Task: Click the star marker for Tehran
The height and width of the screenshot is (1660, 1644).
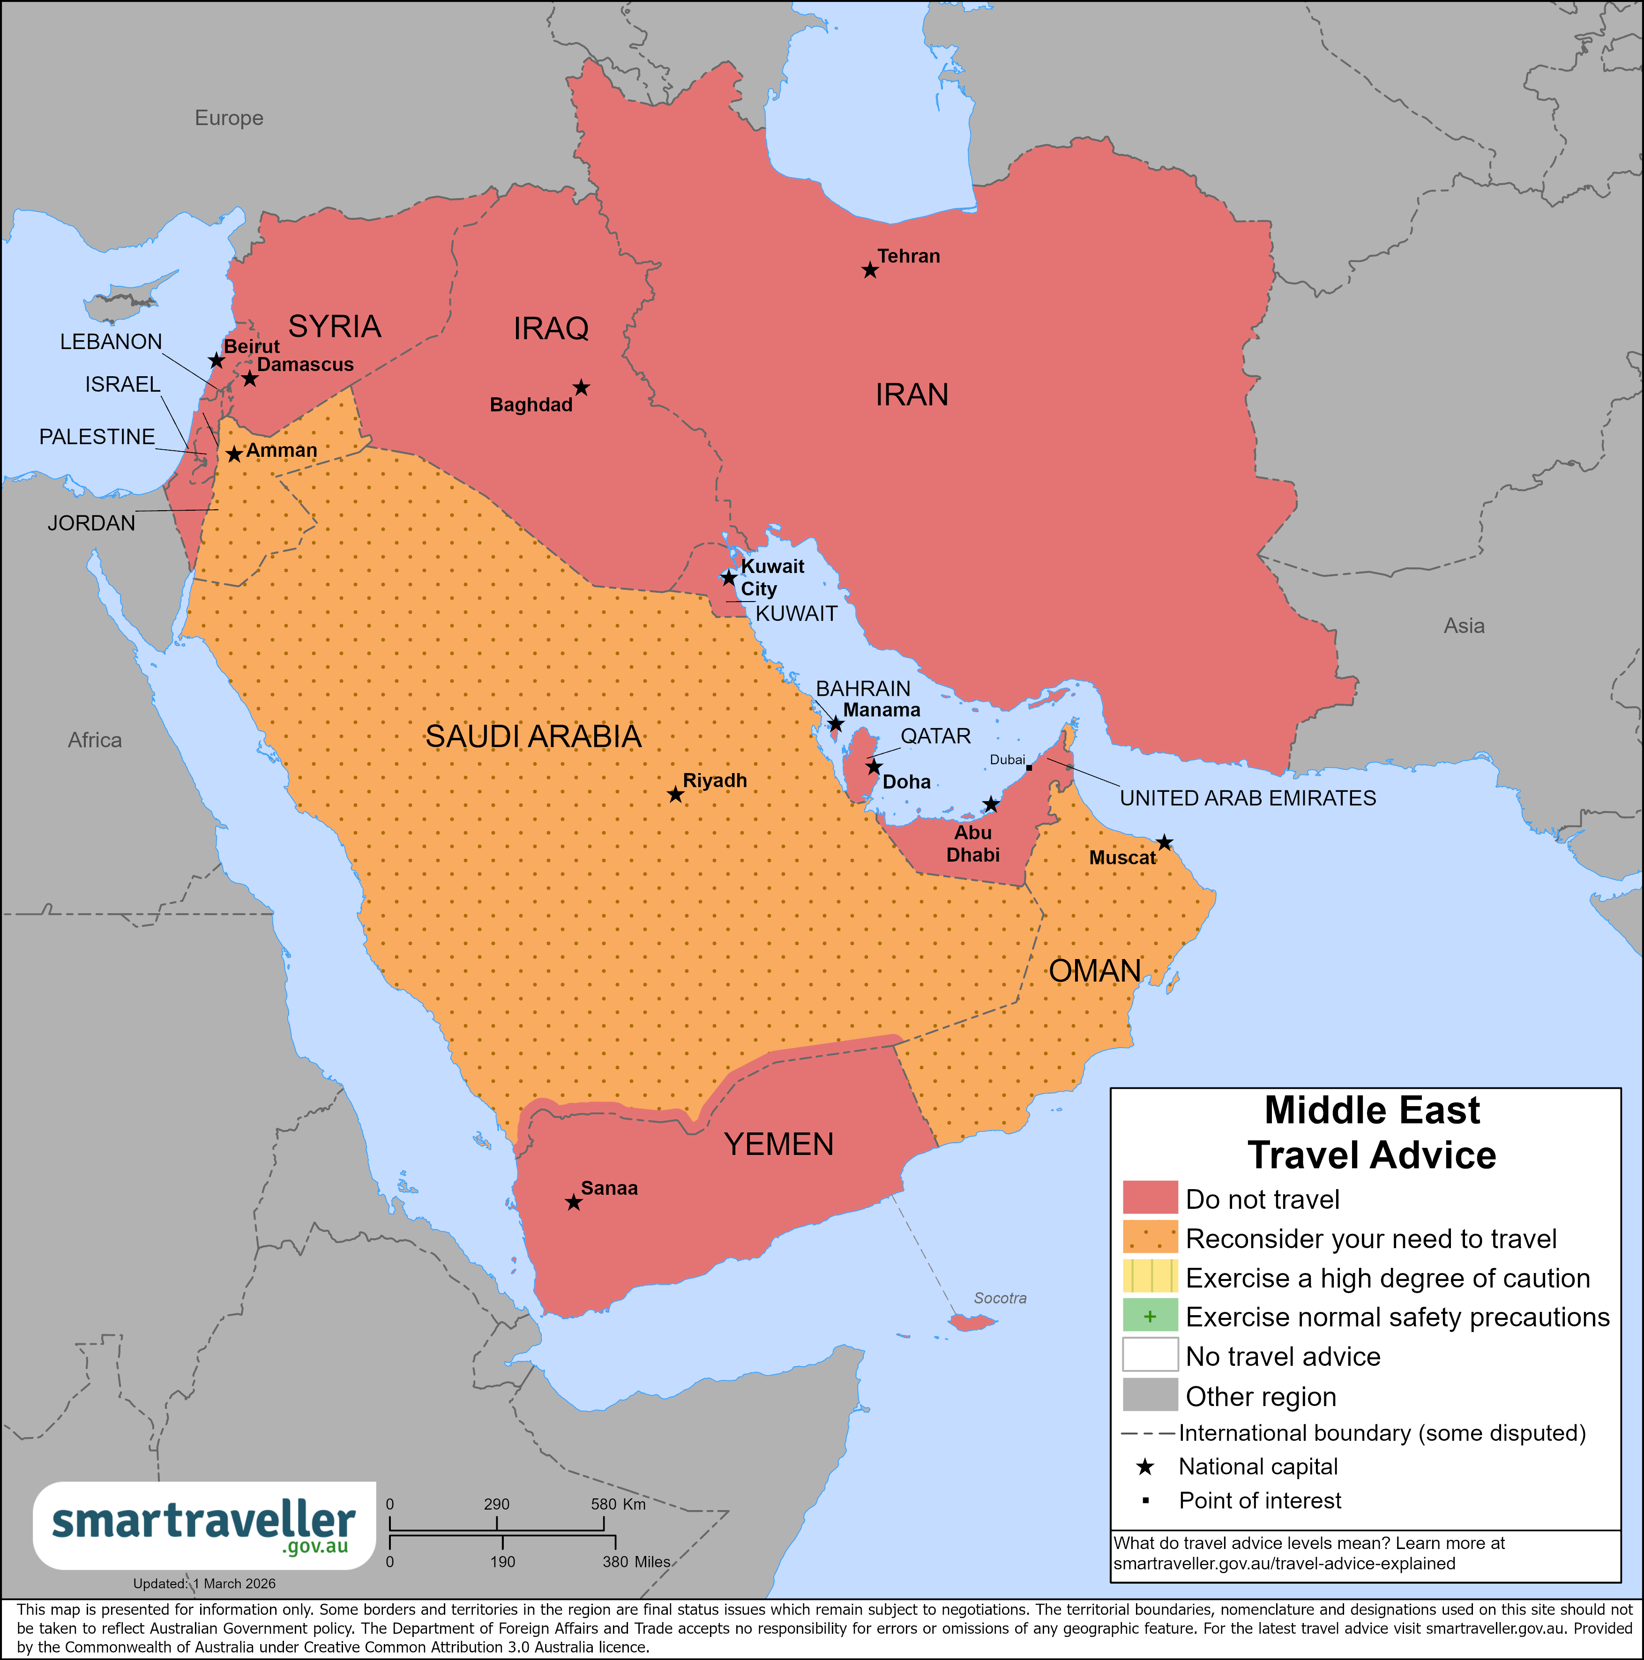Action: [870, 271]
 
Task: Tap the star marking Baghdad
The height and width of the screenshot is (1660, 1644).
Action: [581, 388]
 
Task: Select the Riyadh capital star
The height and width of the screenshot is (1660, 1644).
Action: [675, 795]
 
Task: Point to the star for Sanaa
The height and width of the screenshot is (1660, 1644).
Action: [573, 1203]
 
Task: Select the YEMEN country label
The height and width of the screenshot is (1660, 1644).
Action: [778, 1145]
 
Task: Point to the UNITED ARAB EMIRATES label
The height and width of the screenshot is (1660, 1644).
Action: [1247, 798]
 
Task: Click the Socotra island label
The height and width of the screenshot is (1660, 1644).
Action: [1000, 1298]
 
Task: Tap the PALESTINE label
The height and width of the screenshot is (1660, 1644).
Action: [97, 437]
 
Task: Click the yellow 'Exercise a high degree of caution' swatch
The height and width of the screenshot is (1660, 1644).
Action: [1150, 1278]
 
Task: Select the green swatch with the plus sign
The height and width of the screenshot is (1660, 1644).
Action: [1150, 1316]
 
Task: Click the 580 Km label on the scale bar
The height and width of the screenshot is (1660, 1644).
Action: [618, 1504]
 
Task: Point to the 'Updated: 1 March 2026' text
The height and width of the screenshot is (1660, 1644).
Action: [204, 1584]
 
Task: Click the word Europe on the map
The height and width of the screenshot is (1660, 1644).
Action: [229, 118]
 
